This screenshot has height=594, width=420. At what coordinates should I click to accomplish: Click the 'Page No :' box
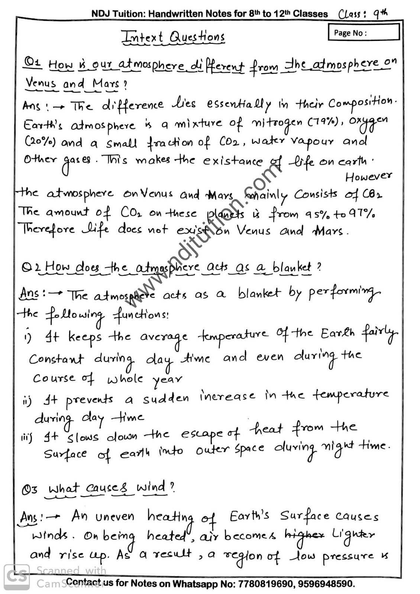(x=364, y=32)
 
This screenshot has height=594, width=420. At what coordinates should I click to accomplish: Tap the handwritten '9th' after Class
(x=380, y=14)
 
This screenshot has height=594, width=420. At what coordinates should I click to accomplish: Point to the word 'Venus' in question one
(x=41, y=83)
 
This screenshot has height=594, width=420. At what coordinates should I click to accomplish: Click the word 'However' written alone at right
(x=368, y=177)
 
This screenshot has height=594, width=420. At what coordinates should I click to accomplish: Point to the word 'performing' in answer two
(x=344, y=294)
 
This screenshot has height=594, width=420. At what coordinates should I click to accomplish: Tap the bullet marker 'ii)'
(x=27, y=401)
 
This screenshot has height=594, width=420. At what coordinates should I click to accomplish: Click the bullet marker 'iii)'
(x=26, y=438)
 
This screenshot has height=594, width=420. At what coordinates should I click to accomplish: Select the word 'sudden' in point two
(x=166, y=399)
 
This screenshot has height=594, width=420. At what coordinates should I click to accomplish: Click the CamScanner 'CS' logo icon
(x=17, y=577)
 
